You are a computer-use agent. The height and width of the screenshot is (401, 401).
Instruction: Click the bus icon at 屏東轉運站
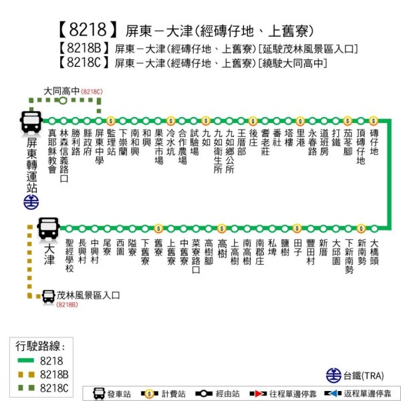pos(31,120)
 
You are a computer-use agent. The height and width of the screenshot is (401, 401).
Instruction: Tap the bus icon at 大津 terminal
pos(49,228)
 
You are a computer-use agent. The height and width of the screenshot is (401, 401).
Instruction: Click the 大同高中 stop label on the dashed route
pos(62,91)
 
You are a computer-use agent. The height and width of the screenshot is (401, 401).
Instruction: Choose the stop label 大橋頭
pos(374,251)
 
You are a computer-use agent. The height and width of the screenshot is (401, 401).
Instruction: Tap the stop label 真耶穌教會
pos(52,152)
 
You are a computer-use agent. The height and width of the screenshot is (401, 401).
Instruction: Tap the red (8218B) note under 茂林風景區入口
pos(68,305)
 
